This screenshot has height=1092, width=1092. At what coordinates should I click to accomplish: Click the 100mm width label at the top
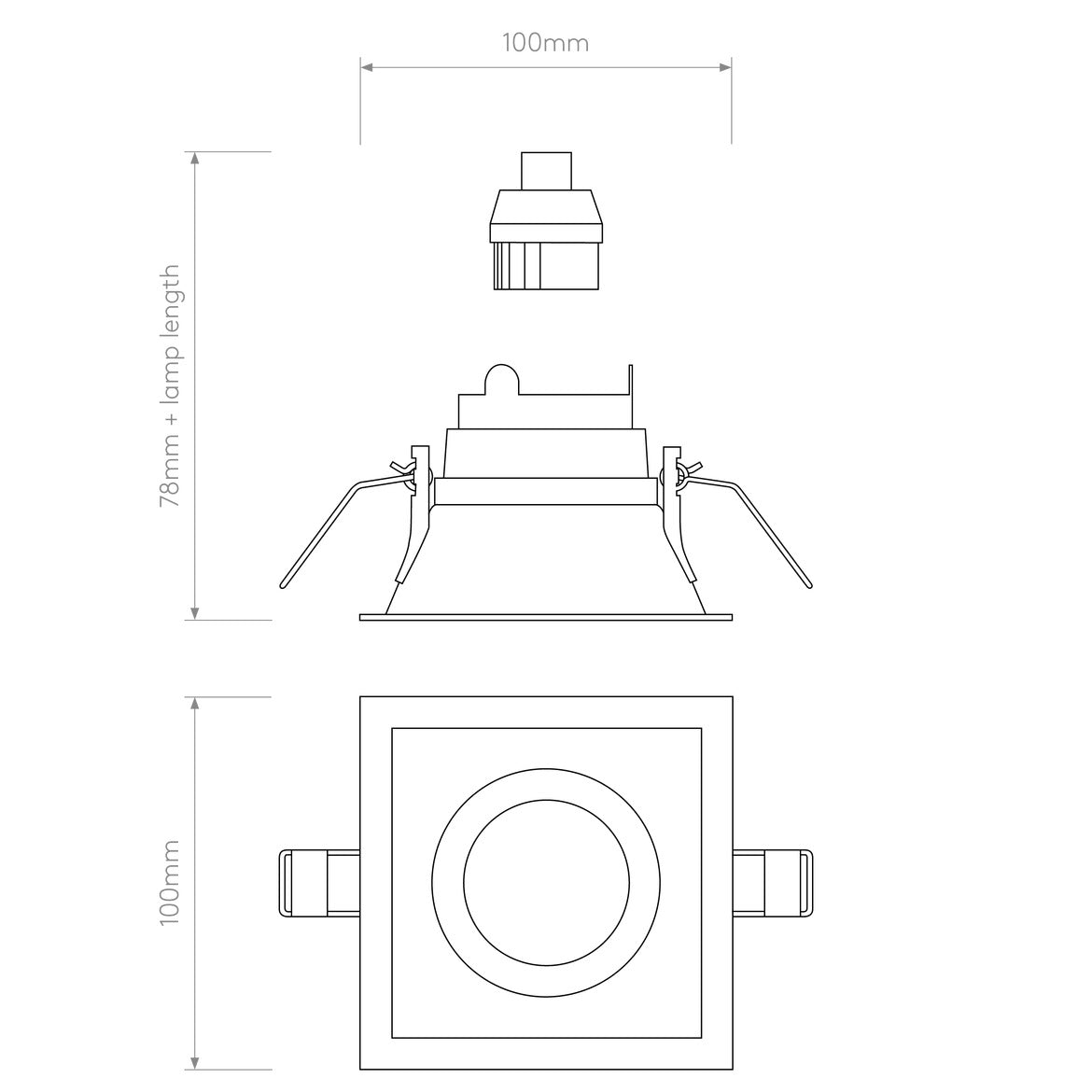(x=545, y=43)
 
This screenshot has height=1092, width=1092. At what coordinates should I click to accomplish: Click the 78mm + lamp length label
(x=170, y=385)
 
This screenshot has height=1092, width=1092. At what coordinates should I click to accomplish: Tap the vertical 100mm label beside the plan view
(x=170, y=882)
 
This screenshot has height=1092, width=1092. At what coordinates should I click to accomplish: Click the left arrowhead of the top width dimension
(x=367, y=67)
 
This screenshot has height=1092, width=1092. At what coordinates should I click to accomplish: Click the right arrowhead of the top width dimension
(x=724, y=67)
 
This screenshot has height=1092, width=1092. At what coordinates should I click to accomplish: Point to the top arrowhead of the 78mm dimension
(x=195, y=158)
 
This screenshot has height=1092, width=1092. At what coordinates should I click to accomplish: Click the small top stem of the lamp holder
(x=546, y=170)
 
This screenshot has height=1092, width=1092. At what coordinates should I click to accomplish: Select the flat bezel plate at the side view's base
(x=546, y=617)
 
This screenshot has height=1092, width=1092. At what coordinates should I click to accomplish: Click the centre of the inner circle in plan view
(x=546, y=882)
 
